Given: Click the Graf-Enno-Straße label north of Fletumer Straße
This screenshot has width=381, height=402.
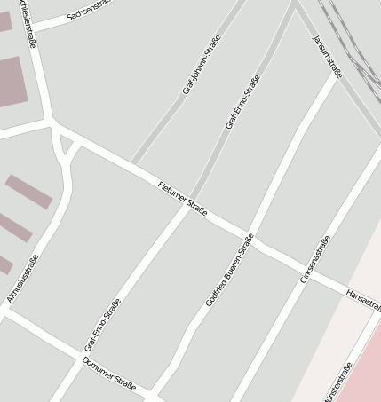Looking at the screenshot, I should [x=242, y=102].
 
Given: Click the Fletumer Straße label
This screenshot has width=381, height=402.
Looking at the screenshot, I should [x=182, y=198].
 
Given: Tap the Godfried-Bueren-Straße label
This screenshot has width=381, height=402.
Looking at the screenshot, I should [x=229, y=270].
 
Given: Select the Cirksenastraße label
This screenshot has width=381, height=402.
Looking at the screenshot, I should [x=315, y=259].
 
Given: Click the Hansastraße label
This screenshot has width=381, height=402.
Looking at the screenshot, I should [x=363, y=300].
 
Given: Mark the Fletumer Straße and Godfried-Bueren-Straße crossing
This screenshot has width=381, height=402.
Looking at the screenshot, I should [x=250, y=236].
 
